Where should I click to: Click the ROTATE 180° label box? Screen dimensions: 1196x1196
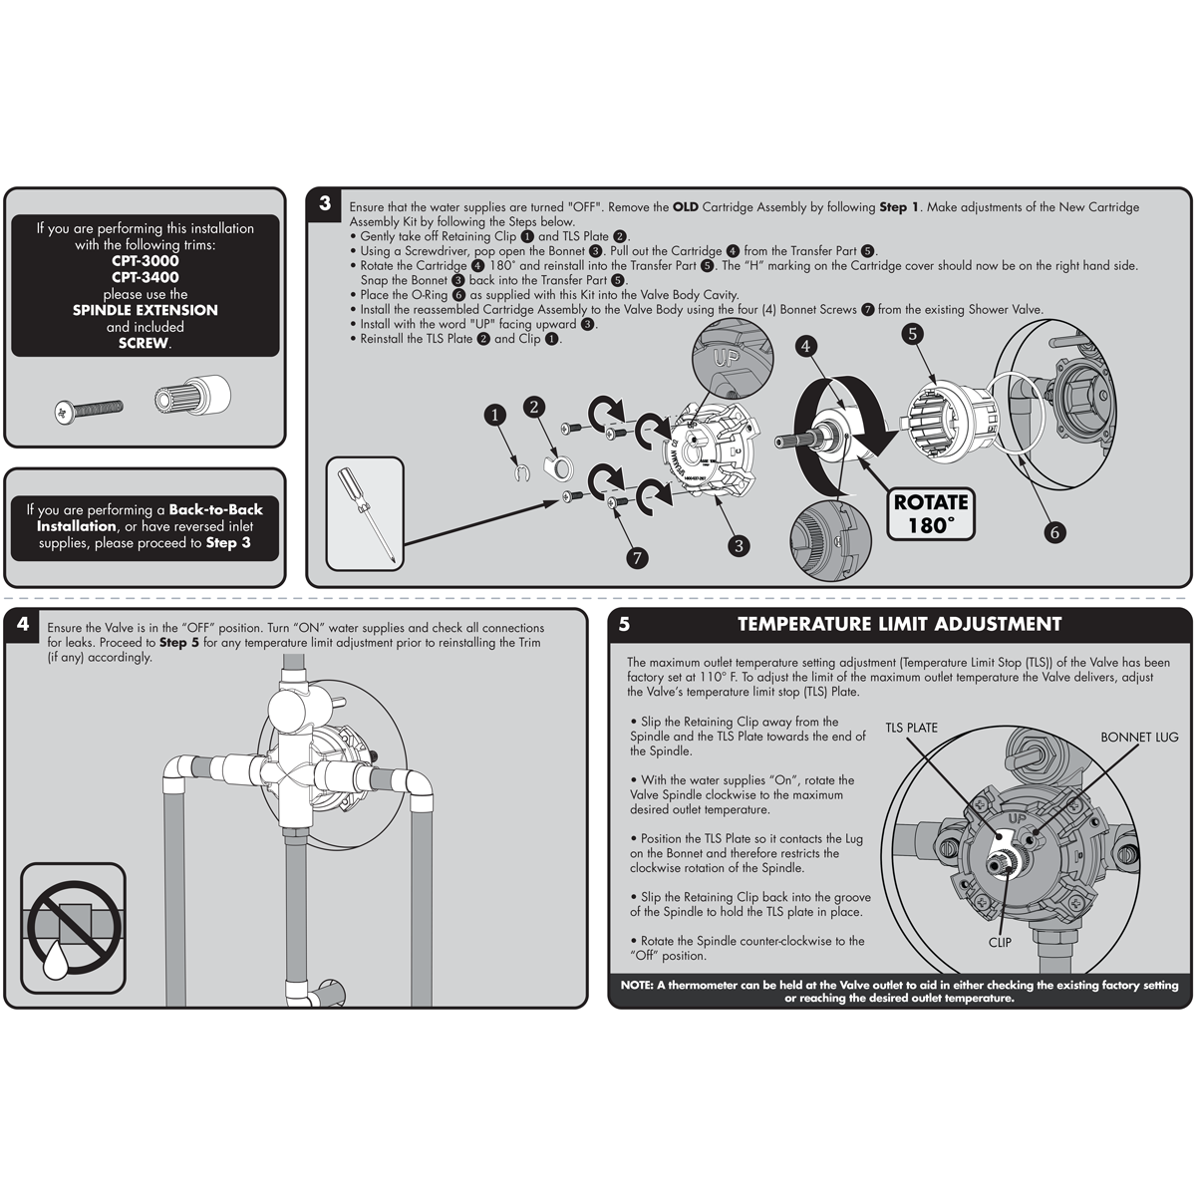point(930,513)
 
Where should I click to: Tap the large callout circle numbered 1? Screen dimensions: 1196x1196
point(494,415)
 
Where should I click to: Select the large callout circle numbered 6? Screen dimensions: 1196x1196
point(1054,532)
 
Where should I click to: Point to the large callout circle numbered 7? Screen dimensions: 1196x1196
point(637,558)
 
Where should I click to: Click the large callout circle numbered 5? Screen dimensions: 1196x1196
point(912,334)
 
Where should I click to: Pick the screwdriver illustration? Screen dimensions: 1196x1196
point(365,515)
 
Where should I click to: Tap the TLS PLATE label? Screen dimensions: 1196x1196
point(911,728)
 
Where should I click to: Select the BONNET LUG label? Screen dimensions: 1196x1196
point(1139,737)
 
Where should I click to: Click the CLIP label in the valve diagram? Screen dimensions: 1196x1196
point(1000,942)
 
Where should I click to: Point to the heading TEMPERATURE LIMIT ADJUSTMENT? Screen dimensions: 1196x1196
point(899,624)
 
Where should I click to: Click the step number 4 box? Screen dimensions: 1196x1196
point(23,623)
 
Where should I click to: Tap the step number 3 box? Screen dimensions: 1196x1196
point(325,203)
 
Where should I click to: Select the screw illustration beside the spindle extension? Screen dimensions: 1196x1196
point(89,411)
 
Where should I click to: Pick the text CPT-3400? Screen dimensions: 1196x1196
point(146,277)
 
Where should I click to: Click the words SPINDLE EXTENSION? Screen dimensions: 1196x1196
point(146,310)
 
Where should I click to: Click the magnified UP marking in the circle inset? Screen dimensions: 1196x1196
point(725,359)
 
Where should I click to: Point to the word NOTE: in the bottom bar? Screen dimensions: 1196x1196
point(637,985)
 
